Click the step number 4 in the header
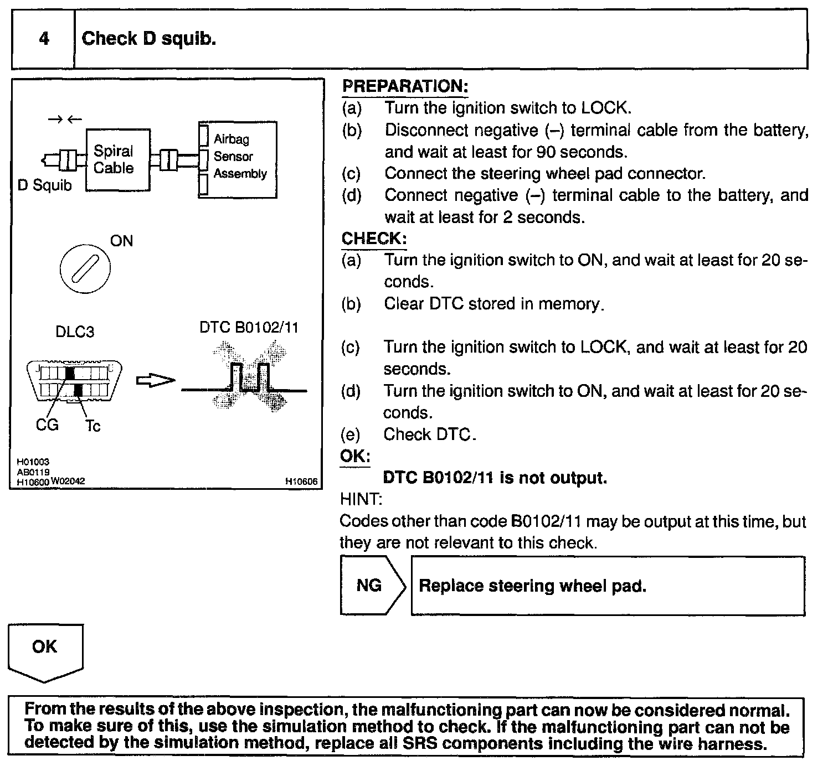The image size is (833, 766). [44, 39]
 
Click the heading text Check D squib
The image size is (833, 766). [148, 39]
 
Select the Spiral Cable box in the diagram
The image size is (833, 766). [117, 159]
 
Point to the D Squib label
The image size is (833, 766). [45, 185]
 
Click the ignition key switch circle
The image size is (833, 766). [85, 269]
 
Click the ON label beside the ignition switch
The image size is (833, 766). [121, 241]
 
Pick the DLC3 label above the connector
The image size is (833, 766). [75, 332]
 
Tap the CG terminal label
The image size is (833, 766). [47, 426]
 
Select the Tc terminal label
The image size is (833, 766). [92, 426]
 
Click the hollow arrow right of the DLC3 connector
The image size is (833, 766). [156, 380]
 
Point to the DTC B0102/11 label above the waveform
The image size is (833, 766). [249, 328]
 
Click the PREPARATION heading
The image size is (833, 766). [405, 86]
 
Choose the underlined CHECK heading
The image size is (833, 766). [374, 239]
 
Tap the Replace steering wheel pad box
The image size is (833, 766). [607, 586]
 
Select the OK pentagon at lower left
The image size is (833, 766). [45, 651]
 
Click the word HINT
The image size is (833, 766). [361, 499]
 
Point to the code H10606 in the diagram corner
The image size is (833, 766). [301, 482]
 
